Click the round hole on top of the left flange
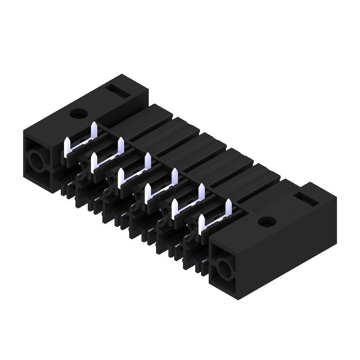(79, 113)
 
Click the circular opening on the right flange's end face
(223, 270)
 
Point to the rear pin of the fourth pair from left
(174, 177)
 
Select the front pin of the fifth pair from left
(174, 209)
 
